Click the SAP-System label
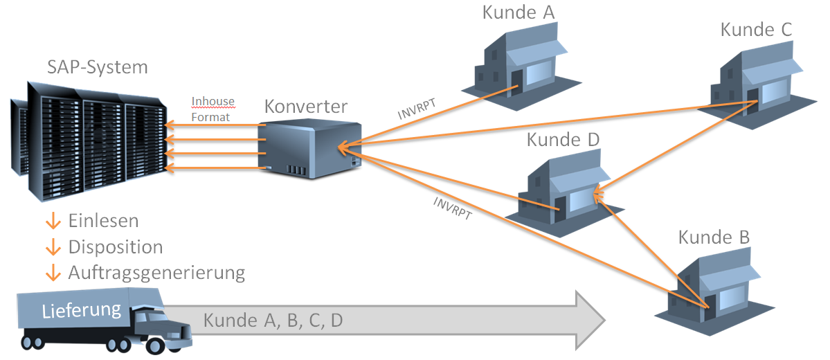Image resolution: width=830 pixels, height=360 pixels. pyautogui.click(x=98, y=67)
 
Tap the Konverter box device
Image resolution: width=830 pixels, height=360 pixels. pyautogui.click(x=309, y=150)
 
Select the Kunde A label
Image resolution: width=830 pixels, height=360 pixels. pyautogui.click(x=518, y=12)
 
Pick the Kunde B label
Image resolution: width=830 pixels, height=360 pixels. pyautogui.click(x=714, y=237)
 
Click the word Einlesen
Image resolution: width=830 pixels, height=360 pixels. pyautogui.click(x=103, y=221)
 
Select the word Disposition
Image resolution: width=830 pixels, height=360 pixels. pyautogui.click(x=116, y=246)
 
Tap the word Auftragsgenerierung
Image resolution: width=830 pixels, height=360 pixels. pyautogui.click(x=156, y=273)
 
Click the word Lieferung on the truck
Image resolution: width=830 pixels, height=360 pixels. pyautogui.click(x=82, y=310)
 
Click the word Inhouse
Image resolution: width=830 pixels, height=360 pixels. pyautogui.click(x=213, y=101)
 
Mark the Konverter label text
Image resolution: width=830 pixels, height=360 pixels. pyautogui.click(x=306, y=107)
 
